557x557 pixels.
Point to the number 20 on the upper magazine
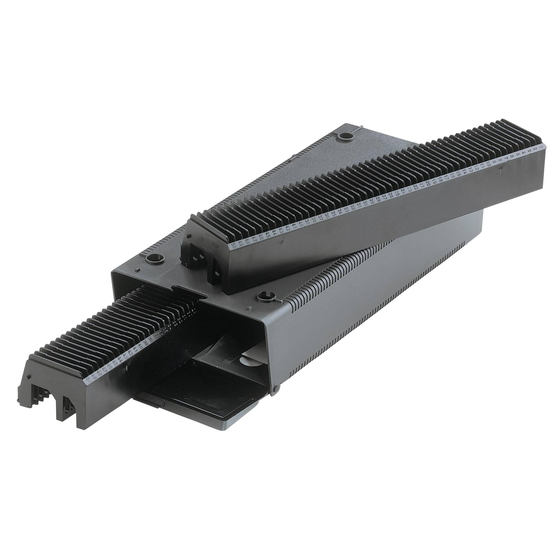coord(428,183)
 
